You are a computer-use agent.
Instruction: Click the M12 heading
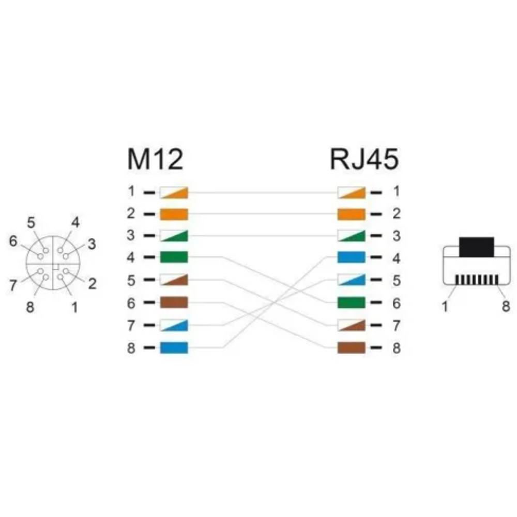(155, 159)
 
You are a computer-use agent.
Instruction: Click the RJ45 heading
(364, 159)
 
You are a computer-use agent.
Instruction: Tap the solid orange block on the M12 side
(174, 215)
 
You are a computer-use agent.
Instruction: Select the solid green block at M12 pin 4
(174, 257)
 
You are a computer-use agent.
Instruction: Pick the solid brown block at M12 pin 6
(174, 302)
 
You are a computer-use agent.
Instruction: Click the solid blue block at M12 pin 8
(174, 347)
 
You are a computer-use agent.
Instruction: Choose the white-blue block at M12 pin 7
(174, 325)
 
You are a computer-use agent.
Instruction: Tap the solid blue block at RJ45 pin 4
(352, 257)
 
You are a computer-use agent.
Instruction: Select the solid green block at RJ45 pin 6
(352, 302)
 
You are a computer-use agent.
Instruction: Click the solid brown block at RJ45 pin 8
(352, 347)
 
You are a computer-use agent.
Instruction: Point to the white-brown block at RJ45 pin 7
(352, 325)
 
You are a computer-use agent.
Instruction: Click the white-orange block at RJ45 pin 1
(352, 192)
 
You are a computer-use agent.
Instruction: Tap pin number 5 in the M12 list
(131, 280)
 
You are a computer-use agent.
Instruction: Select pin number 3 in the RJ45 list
(397, 236)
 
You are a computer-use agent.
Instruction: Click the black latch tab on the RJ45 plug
(477, 247)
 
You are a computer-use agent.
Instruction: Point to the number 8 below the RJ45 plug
(506, 306)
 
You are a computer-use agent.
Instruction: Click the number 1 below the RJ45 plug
(445, 306)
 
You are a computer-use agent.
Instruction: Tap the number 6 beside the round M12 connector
(13, 241)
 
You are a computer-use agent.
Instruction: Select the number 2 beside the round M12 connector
(93, 284)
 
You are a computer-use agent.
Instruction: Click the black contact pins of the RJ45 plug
(477, 280)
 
